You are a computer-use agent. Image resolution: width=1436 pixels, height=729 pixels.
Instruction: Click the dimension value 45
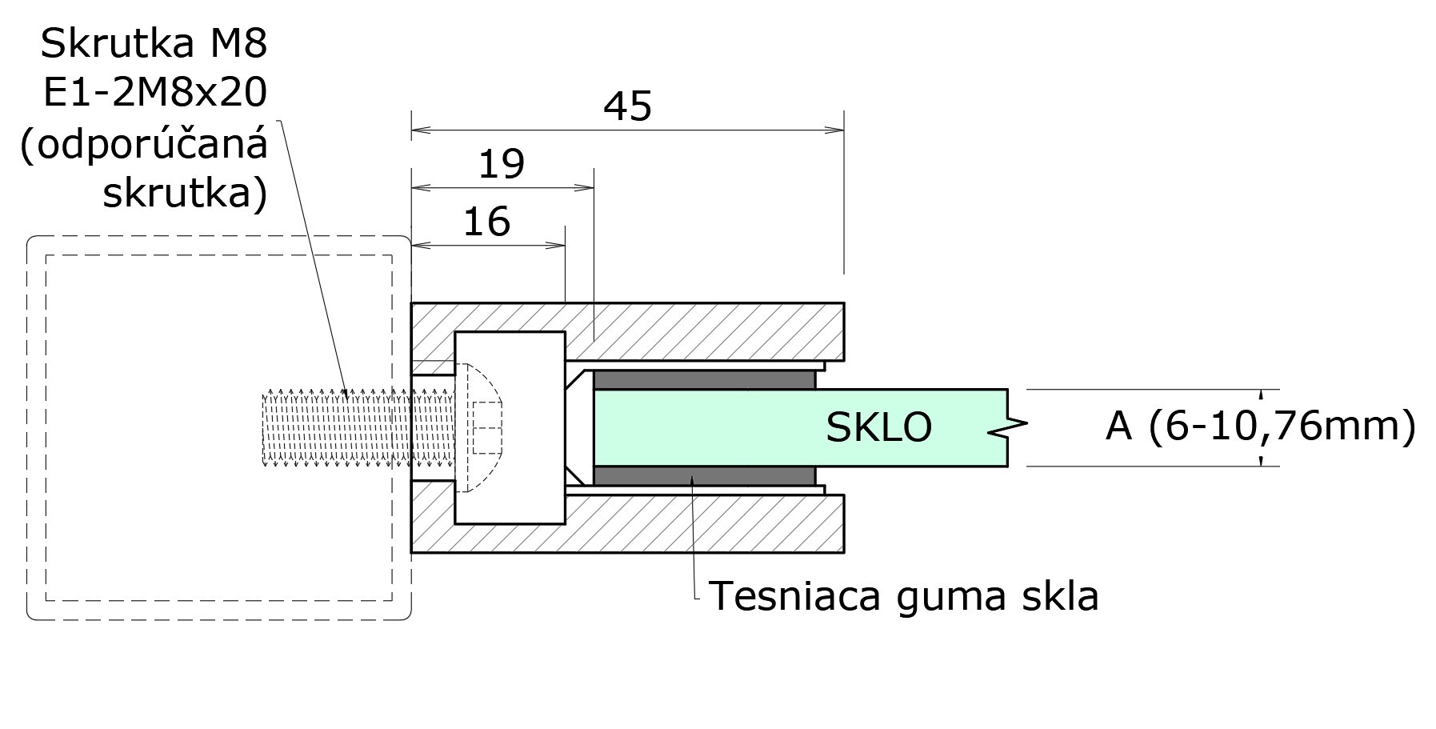coord(627,106)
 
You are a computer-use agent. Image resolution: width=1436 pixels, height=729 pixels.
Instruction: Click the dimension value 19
coord(501,165)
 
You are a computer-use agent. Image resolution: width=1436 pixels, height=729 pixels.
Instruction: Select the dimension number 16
coord(486,222)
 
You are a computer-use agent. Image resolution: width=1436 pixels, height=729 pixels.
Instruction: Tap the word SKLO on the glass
coord(878,427)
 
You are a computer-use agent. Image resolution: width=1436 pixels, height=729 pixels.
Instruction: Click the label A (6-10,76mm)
coord(1260,426)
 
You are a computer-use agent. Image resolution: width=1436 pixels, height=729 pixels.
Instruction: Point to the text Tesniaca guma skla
coord(903,596)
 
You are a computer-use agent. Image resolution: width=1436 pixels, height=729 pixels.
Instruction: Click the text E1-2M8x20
coord(154,94)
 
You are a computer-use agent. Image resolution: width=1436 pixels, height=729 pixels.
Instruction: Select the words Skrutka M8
coord(154,43)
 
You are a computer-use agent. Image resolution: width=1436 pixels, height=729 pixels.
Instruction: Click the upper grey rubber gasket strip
coord(704,379)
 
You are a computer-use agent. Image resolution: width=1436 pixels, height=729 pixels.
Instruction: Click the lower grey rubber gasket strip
coord(704,476)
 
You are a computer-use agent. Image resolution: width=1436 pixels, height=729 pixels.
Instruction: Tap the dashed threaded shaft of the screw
coord(336,428)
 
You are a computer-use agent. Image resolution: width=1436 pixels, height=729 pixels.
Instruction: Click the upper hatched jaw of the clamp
coord(704,330)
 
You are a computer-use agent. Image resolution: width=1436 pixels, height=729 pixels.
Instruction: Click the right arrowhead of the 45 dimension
coord(837,129)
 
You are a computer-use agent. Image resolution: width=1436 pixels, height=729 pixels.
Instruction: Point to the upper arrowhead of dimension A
coord(1262,395)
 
